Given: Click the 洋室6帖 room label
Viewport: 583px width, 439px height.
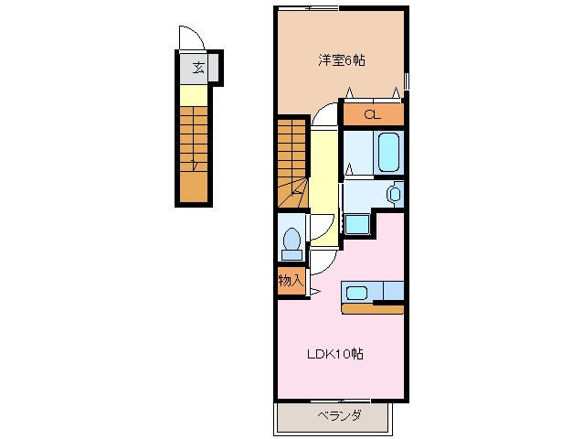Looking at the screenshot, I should pyautogui.click(x=342, y=60).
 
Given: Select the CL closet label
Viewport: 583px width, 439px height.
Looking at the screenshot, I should pyautogui.click(x=372, y=114).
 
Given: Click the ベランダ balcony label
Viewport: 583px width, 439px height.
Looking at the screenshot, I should pyautogui.click(x=339, y=416).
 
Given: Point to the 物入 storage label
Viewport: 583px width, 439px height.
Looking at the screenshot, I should pyautogui.click(x=290, y=280).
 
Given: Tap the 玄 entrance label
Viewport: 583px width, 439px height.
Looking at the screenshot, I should pyautogui.click(x=196, y=66).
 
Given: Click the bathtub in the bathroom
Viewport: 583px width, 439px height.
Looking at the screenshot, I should pyautogui.click(x=389, y=152).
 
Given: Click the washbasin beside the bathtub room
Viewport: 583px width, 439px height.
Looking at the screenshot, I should pyautogui.click(x=393, y=194).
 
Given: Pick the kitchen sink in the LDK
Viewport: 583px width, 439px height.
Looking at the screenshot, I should pyautogui.click(x=356, y=293).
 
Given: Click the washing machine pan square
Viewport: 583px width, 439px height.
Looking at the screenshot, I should pyautogui.click(x=356, y=223).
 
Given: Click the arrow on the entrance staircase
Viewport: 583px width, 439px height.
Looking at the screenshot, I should pyautogui.click(x=195, y=165).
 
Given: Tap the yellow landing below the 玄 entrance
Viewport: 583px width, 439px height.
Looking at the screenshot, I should pyautogui.click(x=193, y=95).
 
